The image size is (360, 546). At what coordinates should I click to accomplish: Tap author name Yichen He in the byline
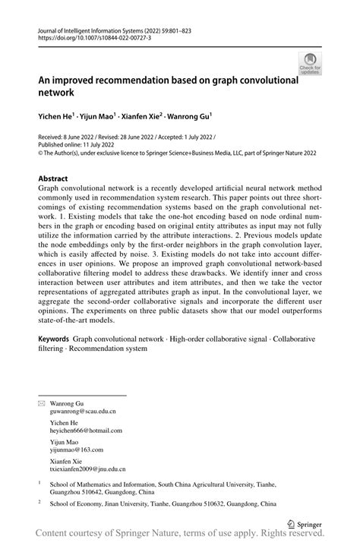(57, 116)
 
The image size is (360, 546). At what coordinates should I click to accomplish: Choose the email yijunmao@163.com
(78, 450)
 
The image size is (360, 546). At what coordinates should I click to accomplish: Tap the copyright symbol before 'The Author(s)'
(41, 151)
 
